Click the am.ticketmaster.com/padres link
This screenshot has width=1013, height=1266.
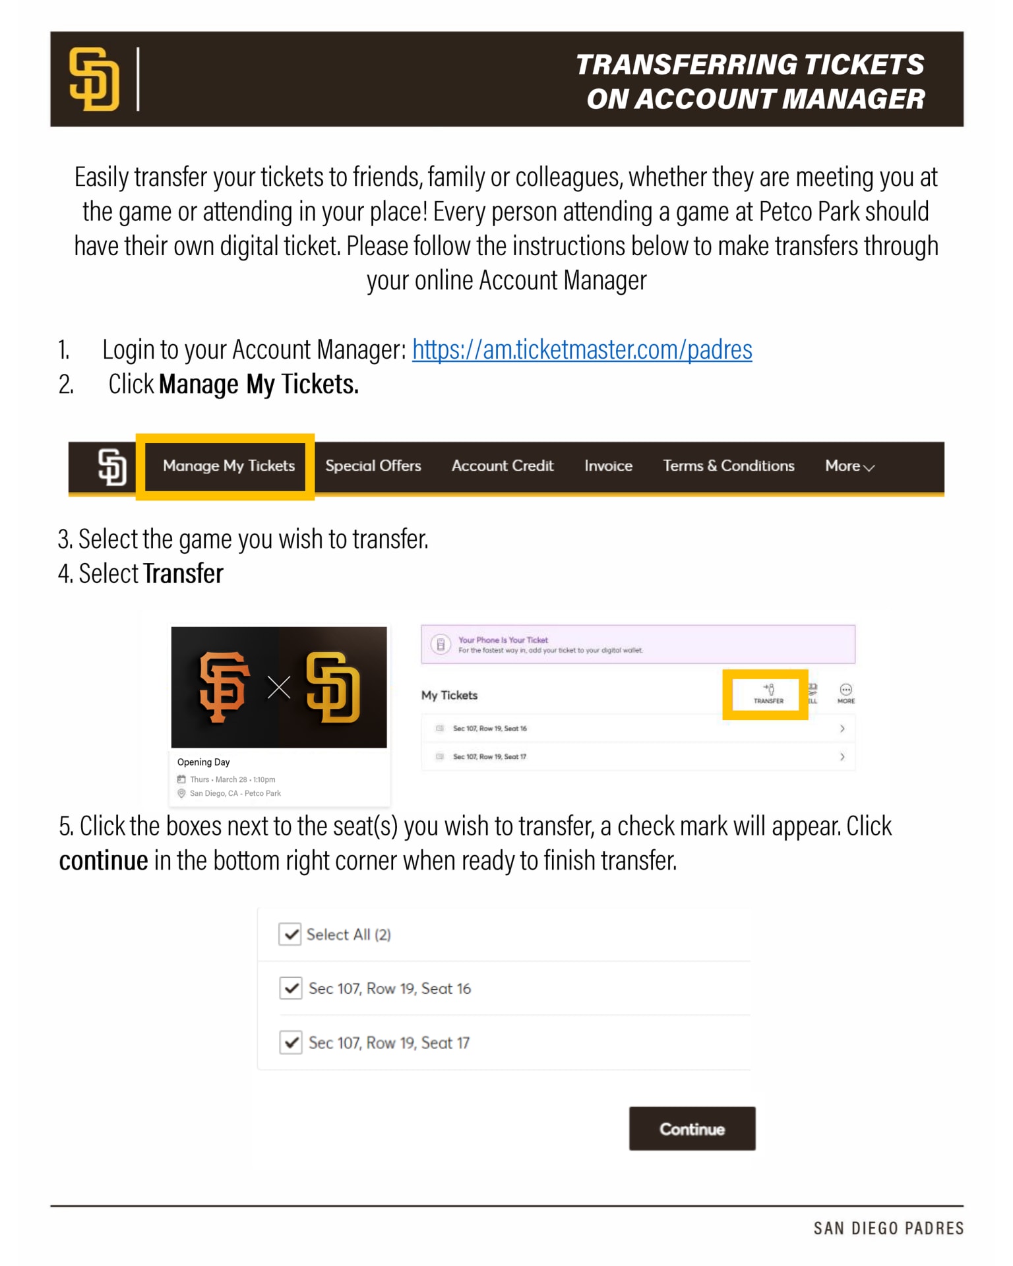[x=582, y=350]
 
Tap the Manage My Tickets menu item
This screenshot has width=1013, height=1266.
[x=228, y=466]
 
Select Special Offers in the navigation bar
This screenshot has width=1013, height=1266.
[x=373, y=466]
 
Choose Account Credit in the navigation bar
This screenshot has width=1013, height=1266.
[x=503, y=466]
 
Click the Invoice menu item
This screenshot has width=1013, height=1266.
[x=608, y=466]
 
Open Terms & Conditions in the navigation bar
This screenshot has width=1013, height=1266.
[x=728, y=466]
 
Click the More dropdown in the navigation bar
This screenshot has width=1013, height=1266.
[x=849, y=466]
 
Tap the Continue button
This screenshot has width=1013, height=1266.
[x=692, y=1129]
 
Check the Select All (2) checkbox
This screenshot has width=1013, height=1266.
[x=290, y=934]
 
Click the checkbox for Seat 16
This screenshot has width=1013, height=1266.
[x=291, y=988]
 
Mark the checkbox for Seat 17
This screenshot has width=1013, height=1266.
[x=291, y=1042]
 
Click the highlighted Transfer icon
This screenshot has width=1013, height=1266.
[x=768, y=694]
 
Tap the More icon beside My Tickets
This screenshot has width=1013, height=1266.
[x=845, y=693]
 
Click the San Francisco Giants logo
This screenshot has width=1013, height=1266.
[x=224, y=687]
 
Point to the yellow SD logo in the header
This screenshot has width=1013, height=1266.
[x=94, y=79]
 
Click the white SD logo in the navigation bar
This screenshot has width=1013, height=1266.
[x=112, y=467]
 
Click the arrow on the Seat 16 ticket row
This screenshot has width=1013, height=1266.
[x=842, y=729]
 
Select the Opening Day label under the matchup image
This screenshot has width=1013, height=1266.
[x=203, y=762]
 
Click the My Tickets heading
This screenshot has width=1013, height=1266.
[x=449, y=696]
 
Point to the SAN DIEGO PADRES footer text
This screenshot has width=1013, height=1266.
[x=888, y=1228]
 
